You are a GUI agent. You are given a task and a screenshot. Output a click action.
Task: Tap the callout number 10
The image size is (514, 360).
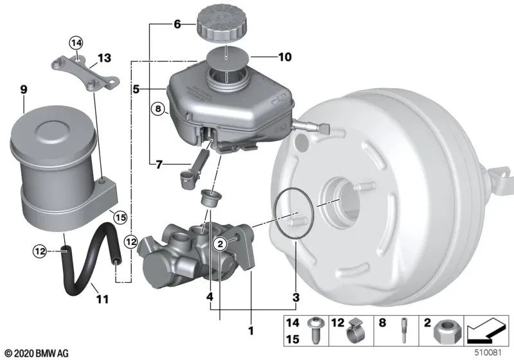285,57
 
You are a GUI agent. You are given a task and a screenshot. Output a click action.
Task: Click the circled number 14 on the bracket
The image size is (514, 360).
76,43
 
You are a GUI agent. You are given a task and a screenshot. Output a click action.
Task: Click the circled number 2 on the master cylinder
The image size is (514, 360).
220,242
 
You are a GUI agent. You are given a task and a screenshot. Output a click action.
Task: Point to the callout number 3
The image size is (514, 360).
296,298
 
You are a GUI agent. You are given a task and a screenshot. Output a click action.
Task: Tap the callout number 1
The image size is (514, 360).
251,330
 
